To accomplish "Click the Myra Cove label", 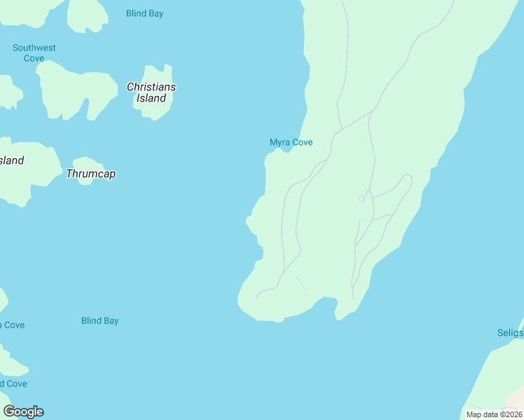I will tap(291, 142).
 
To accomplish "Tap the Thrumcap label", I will tap(90, 174).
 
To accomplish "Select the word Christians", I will tap(151, 87).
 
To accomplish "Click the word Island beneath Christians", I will tap(151, 99).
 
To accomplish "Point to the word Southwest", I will tap(34, 48).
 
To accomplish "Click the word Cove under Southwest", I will tap(34, 58).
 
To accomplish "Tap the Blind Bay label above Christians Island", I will tap(144, 13).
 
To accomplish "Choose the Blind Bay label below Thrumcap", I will tap(99, 321).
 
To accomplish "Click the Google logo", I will tap(24, 412).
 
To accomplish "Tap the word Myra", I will tap(280, 142).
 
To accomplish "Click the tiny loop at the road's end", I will tap(361, 199).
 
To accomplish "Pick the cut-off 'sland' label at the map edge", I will tap(11, 160).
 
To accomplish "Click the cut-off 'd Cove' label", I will tap(13, 384).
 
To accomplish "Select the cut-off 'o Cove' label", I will tap(12, 325).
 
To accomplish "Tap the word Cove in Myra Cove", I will tap(302, 142).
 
